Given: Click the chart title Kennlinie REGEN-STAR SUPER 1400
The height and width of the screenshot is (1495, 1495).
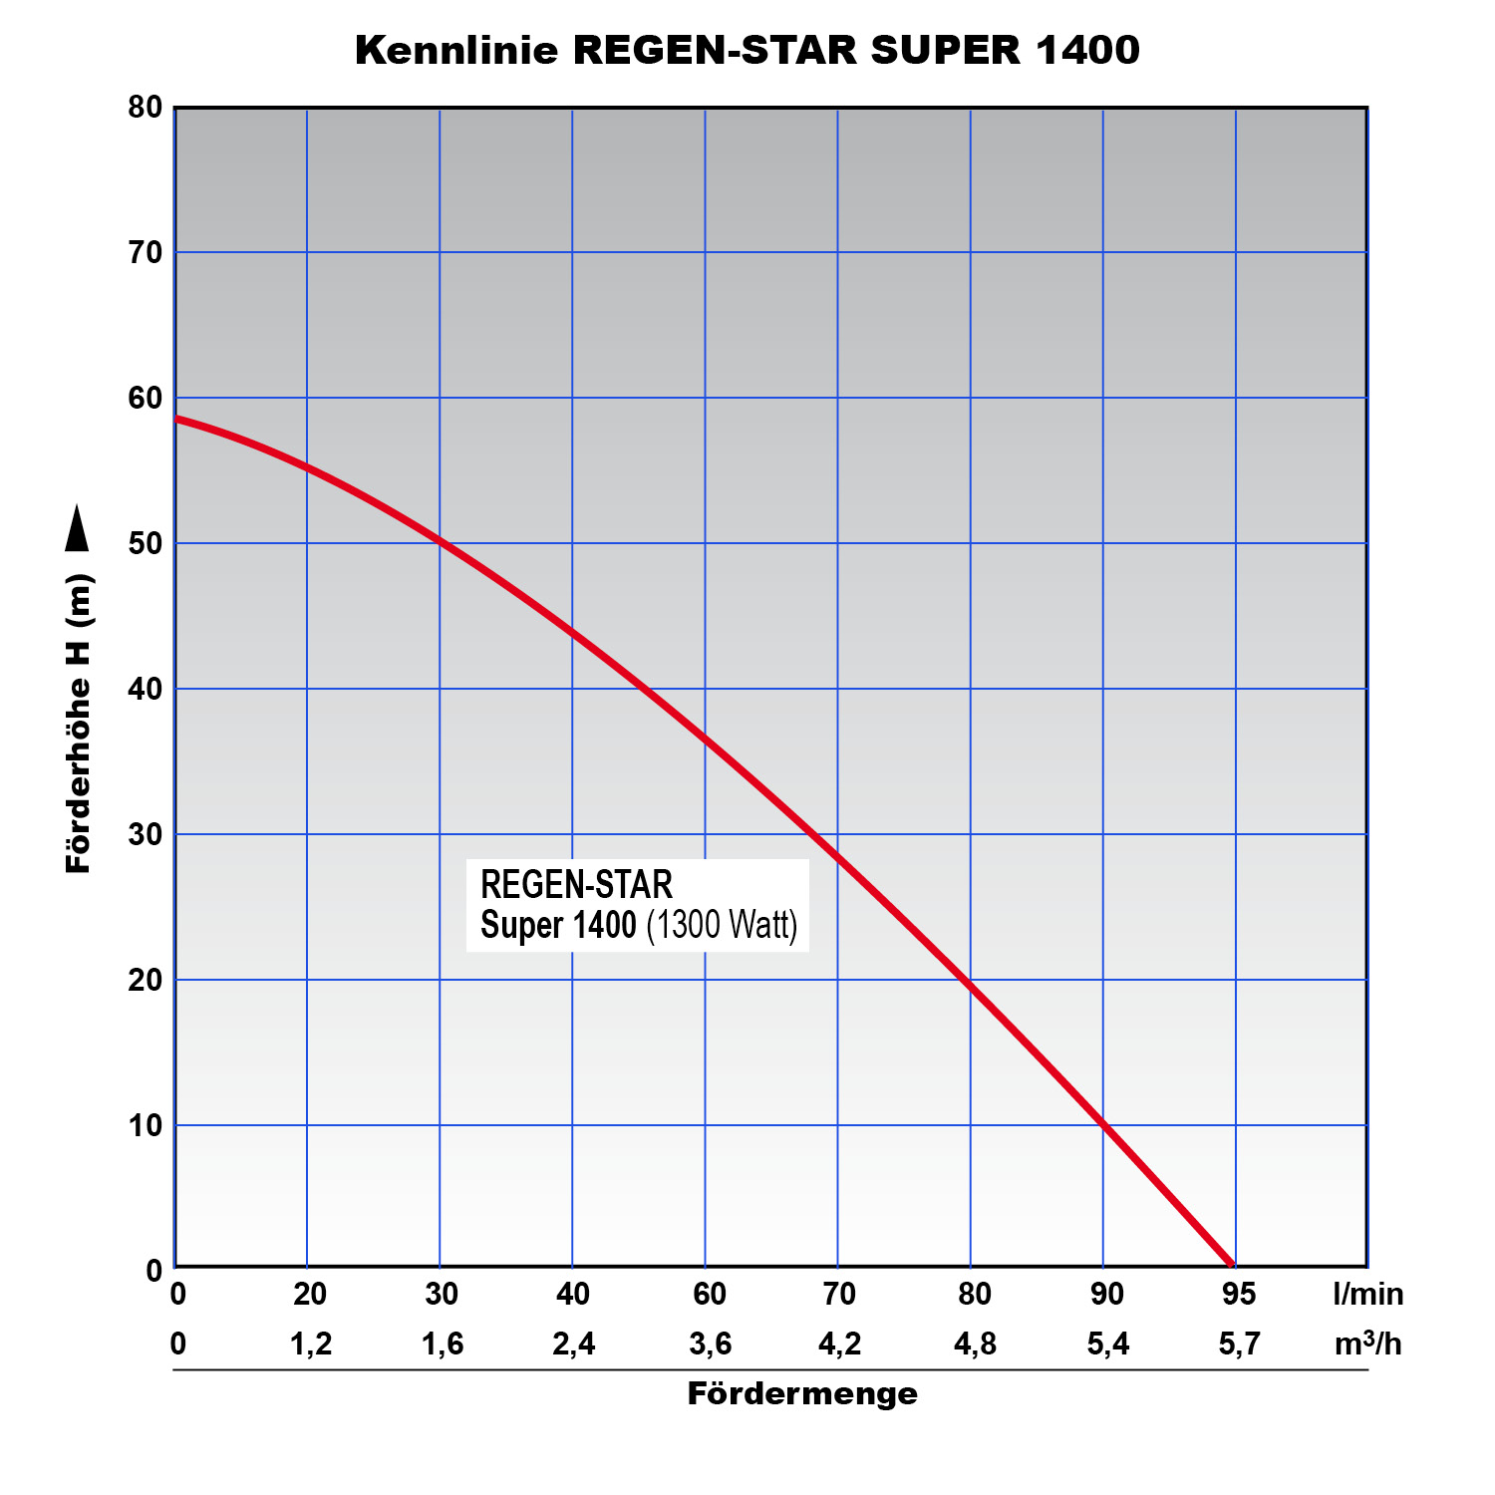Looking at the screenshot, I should pyautogui.click(x=747, y=50).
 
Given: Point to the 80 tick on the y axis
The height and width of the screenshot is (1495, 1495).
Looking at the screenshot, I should pyautogui.click(x=146, y=107).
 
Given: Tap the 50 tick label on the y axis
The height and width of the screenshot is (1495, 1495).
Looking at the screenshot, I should pyautogui.click(x=146, y=543).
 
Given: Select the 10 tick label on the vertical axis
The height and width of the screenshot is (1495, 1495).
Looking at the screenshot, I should pyautogui.click(x=146, y=1125).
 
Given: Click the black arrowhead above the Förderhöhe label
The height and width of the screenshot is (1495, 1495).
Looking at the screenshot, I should pyautogui.click(x=77, y=528).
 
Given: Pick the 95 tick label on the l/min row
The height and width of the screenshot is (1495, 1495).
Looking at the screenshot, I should pyautogui.click(x=1239, y=1294).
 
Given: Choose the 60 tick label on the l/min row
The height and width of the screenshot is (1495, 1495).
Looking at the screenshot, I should pyautogui.click(x=709, y=1294).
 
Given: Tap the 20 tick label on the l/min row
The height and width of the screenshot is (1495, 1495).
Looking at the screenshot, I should pyautogui.click(x=310, y=1294).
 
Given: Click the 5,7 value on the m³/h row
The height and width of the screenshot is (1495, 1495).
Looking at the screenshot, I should pyautogui.click(x=1239, y=1345).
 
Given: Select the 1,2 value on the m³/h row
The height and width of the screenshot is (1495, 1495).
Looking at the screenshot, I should pyautogui.click(x=310, y=1345).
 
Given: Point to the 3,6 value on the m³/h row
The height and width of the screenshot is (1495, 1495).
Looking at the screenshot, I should pyautogui.click(x=710, y=1345).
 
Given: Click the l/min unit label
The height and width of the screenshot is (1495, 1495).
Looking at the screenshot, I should pyautogui.click(x=1367, y=1294).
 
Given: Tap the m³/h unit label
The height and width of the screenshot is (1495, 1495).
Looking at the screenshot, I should pyautogui.click(x=1367, y=1345).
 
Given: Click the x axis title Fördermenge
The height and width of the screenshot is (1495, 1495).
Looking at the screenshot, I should pyautogui.click(x=802, y=1393).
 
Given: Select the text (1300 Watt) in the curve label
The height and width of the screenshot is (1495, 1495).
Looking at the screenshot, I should pyautogui.click(x=723, y=925).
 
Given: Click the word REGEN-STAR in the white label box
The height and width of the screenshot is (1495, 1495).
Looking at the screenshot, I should pyautogui.click(x=577, y=884).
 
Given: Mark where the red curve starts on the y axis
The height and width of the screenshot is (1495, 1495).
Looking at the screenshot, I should pyautogui.click(x=177, y=419).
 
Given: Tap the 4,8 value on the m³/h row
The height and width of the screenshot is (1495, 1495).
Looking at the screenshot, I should pyautogui.click(x=975, y=1345).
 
